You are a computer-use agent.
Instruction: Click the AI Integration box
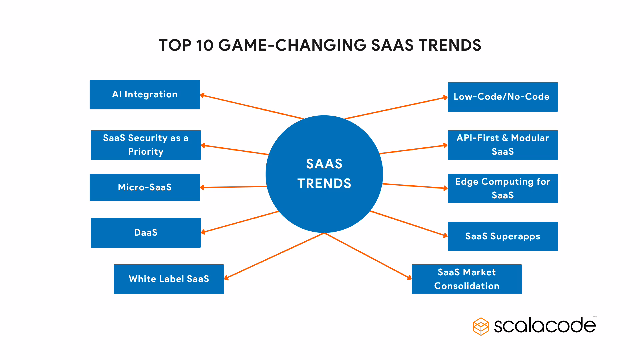(x=145, y=95)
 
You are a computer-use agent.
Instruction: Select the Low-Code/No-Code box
(x=502, y=97)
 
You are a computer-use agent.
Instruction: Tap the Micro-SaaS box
(x=145, y=187)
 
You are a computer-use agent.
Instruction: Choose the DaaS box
(x=146, y=233)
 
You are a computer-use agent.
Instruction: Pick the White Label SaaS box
(x=169, y=279)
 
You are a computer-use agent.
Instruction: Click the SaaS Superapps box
(x=502, y=236)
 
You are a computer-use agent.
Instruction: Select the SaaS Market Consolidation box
(x=466, y=279)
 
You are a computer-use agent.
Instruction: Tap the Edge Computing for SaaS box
(x=502, y=188)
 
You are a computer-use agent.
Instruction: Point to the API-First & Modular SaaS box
(x=502, y=145)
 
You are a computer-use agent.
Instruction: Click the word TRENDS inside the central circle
(x=324, y=184)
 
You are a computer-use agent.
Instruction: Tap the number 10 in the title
(x=204, y=45)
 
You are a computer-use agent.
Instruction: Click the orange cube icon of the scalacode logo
(x=481, y=326)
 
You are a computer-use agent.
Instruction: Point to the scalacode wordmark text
(x=545, y=325)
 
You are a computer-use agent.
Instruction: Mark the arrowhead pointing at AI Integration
(x=202, y=96)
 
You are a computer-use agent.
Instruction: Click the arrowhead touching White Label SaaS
(x=226, y=278)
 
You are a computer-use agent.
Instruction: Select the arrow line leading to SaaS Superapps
(x=408, y=223)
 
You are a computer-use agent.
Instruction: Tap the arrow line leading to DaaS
(x=240, y=222)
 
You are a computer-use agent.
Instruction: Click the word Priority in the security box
(x=146, y=152)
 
